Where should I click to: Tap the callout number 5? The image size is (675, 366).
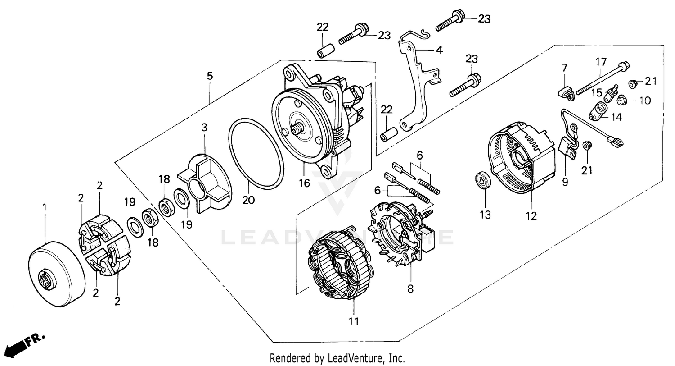click(x=210, y=76)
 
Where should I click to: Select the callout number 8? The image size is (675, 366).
click(x=410, y=289)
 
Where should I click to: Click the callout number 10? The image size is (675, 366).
click(x=645, y=101)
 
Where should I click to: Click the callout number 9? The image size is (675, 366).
click(x=565, y=182)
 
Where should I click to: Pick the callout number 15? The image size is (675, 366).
click(x=597, y=93)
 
